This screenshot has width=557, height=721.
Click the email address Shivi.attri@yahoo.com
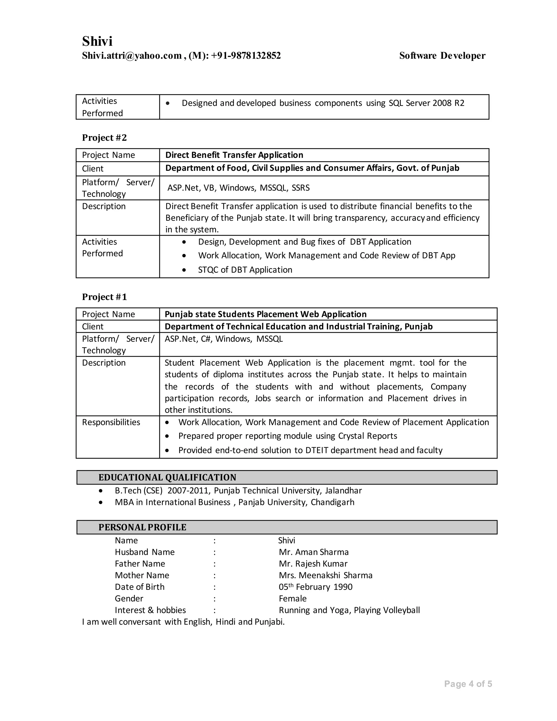(x=132, y=56)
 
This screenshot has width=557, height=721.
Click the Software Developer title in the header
(x=442, y=56)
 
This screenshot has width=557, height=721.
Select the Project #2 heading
(x=104, y=138)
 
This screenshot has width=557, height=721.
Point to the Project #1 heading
(x=104, y=297)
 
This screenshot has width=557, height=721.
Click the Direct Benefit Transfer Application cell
(x=234, y=155)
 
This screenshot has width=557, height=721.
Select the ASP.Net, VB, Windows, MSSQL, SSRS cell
(x=238, y=188)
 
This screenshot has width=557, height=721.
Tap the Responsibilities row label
(x=111, y=422)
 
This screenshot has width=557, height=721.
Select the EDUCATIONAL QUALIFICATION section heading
(x=167, y=477)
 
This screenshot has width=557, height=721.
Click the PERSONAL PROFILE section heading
(x=142, y=527)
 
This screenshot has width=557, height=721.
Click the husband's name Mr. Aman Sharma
(x=314, y=552)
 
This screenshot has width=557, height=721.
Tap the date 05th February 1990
(x=315, y=587)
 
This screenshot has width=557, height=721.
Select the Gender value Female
(x=292, y=599)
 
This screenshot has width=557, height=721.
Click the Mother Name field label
(x=142, y=575)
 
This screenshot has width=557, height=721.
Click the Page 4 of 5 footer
(x=468, y=684)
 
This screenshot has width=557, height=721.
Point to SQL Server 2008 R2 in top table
(x=426, y=103)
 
